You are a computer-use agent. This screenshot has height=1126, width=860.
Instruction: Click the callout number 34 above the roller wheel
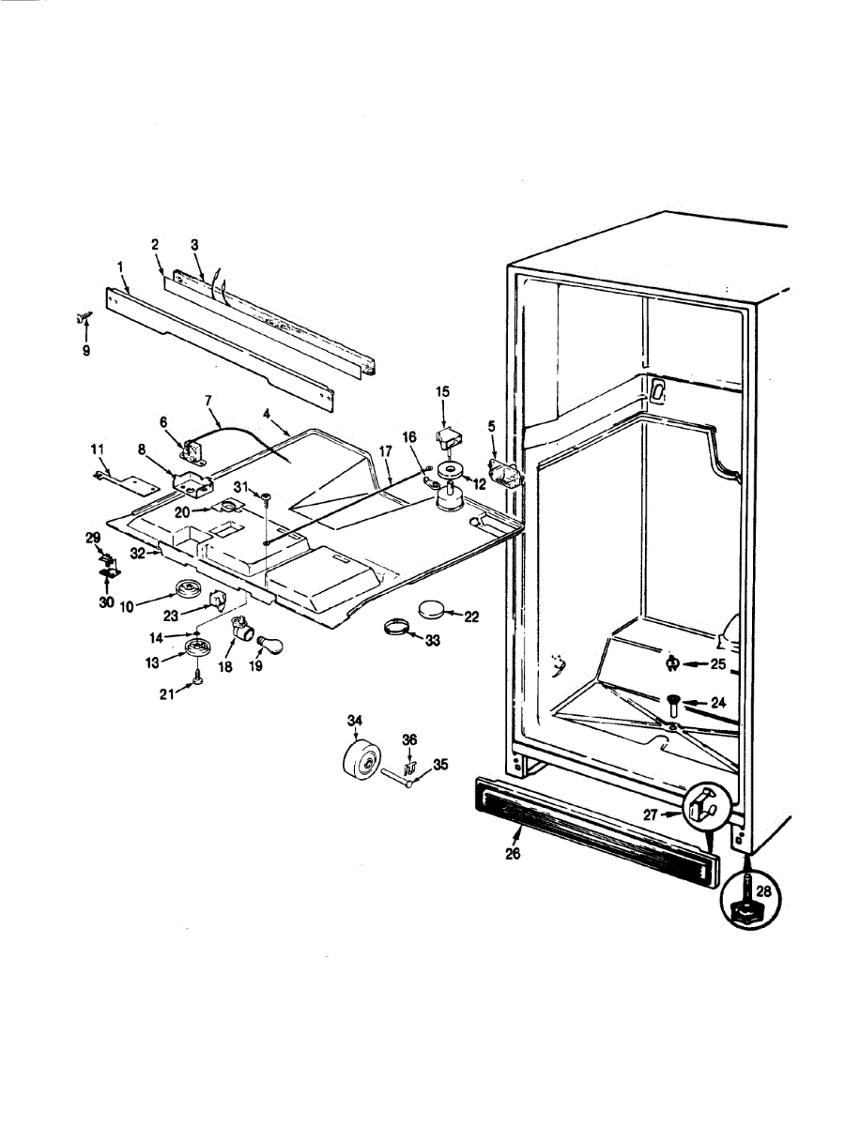point(354,720)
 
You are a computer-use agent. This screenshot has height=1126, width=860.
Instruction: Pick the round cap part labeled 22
point(433,610)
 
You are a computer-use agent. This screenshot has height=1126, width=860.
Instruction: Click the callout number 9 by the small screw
point(86,352)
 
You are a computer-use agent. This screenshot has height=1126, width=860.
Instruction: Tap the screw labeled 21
point(199,677)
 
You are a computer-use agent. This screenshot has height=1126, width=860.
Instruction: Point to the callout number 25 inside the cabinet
point(716,663)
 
